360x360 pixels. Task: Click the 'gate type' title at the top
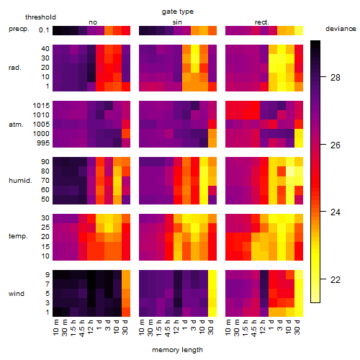click(178, 12)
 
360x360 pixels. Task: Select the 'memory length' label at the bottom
click(177, 350)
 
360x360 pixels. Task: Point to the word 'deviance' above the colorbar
click(341, 29)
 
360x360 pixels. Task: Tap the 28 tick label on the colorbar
click(335, 77)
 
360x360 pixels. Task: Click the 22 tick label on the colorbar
click(335, 279)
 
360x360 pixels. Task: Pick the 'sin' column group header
click(177, 22)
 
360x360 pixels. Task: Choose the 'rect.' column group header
click(261, 22)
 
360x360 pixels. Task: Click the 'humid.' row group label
click(20, 181)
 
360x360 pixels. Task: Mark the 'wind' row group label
click(17, 294)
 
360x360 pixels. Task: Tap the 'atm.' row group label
click(16, 125)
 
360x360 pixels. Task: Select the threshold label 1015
click(41, 105)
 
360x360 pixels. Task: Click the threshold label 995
click(43, 143)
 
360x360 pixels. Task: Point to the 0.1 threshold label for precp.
click(44, 30)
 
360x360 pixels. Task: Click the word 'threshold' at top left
click(40, 17)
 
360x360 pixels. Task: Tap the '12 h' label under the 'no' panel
click(90, 327)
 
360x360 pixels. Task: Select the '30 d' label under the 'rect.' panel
click(297, 327)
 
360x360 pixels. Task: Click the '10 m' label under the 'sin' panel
click(142, 327)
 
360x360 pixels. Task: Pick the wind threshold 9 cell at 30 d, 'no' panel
click(126, 275)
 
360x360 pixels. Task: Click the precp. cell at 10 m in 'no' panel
click(57, 30)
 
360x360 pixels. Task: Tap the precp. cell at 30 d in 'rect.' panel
click(299, 30)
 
